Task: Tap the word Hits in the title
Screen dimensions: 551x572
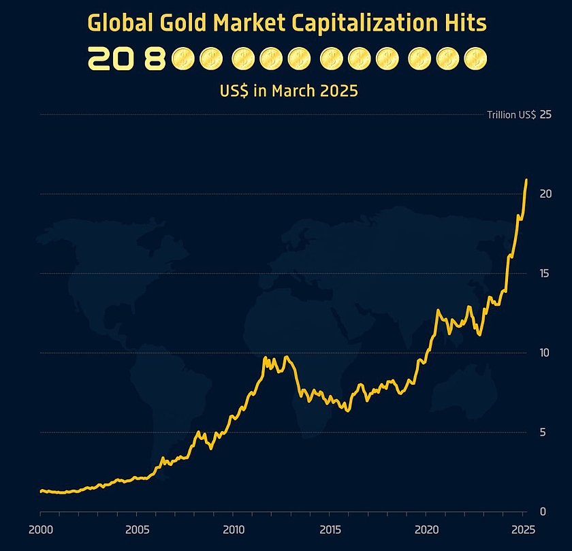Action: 467,23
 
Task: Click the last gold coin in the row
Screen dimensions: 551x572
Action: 476,60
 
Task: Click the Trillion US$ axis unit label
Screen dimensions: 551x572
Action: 511,114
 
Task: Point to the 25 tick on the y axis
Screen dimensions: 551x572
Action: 545,114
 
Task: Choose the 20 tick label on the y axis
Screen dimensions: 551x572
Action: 545,194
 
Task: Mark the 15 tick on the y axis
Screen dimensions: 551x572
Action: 545,273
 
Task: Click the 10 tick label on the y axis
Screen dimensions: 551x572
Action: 545,353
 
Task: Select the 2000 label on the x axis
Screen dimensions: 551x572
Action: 40,529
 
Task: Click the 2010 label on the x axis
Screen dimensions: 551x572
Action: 234,529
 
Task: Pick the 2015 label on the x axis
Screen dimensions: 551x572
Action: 330,529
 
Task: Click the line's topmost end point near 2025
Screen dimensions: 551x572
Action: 526,180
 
